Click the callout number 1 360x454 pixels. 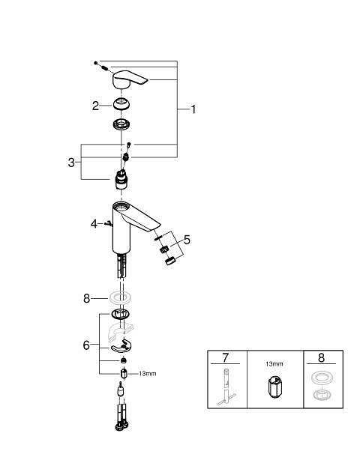(x=193, y=109)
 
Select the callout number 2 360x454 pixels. (x=95, y=106)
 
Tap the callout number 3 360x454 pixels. (x=71, y=163)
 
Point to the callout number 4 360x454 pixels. (x=94, y=224)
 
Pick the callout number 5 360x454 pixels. (x=187, y=240)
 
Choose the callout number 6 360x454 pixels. (x=86, y=345)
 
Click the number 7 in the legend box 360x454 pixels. (x=226, y=358)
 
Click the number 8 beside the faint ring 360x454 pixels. (x=87, y=298)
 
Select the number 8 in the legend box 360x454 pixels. (x=321, y=358)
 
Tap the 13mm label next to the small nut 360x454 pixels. (x=148, y=374)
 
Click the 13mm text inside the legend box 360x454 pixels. (x=274, y=364)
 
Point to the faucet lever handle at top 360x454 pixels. (x=130, y=79)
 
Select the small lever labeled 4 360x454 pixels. (x=109, y=223)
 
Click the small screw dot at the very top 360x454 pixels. (x=96, y=63)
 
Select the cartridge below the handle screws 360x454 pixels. (x=121, y=180)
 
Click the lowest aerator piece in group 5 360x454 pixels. (x=171, y=261)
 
